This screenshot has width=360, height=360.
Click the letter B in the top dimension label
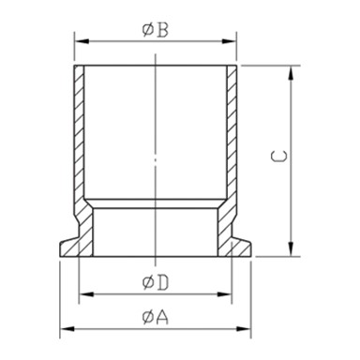click(x=162, y=30)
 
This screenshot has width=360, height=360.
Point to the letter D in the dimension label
click(x=162, y=282)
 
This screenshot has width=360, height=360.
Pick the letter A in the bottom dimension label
click(x=162, y=317)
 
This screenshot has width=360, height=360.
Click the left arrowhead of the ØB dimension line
click(x=78, y=42)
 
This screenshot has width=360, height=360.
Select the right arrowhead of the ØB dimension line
click(x=231, y=42)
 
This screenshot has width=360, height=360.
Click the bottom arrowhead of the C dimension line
click(x=294, y=250)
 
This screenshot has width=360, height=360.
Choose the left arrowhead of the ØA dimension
click(x=65, y=329)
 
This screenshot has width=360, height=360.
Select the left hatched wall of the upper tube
click(x=79, y=131)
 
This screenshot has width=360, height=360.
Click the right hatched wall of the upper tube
click(x=230, y=131)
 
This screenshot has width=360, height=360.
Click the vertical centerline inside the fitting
click(x=154, y=150)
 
